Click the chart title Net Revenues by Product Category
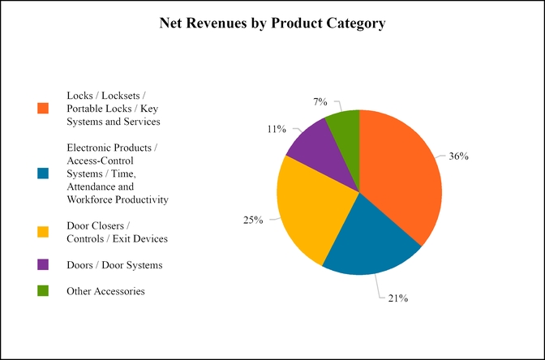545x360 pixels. click(272, 24)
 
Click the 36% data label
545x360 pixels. click(458, 156)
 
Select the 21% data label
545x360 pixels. click(397, 298)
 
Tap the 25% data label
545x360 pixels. click(253, 220)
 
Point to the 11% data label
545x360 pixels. click(276, 128)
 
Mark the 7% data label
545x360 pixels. click(320, 101)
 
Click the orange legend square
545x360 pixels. click(43, 108)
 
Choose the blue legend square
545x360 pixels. click(43, 174)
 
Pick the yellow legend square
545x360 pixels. click(43, 232)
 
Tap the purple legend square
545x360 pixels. click(43, 264)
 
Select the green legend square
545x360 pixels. click(43, 290)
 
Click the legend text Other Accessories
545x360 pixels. click(105, 290)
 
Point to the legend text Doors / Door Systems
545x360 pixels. click(114, 264)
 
